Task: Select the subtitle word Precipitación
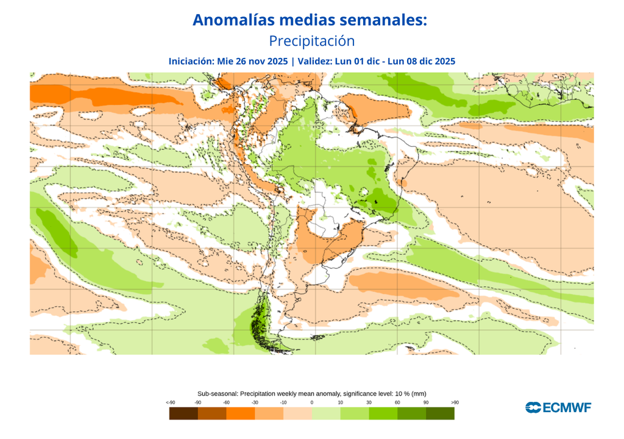tap(311, 41)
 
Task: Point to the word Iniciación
tap(190, 61)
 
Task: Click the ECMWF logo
tap(558, 407)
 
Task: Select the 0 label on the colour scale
tap(311, 402)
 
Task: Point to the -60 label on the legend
tap(226, 402)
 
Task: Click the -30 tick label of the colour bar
tap(255, 402)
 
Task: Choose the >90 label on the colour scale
tap(455, 402)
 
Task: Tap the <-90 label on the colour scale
tap(170, 402)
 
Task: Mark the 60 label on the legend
tap(397, 402)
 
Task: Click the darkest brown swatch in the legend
tap(183, 413)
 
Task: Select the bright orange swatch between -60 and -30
tap(241, 413)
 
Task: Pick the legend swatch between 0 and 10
tap(326, 413)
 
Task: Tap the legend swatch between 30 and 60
tap(383, 413)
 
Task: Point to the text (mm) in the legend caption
tap(418, 394)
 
